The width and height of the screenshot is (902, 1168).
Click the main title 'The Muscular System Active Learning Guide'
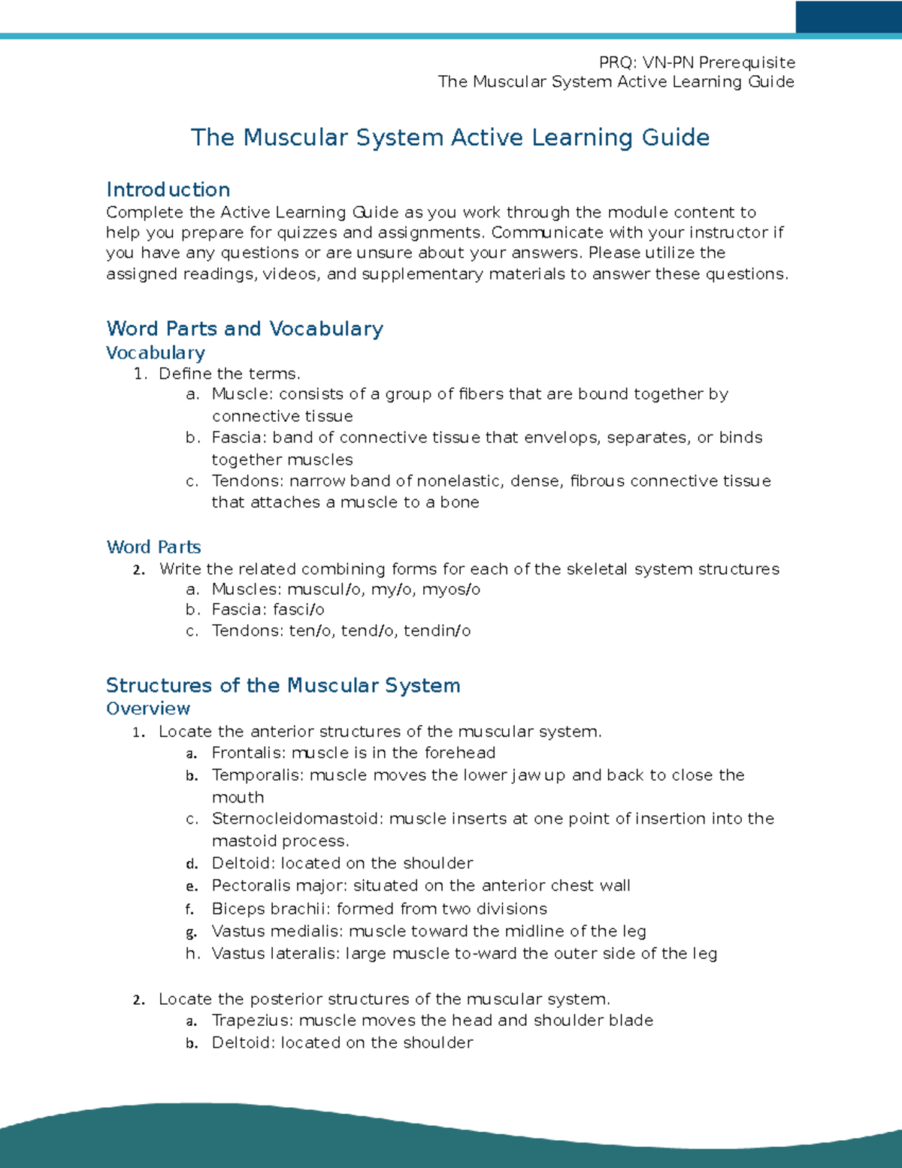point(449,138)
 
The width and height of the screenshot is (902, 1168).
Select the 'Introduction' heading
point(168,190)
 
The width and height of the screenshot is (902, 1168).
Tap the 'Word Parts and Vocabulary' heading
point(244,329)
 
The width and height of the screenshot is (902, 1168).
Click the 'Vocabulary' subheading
point(156,353)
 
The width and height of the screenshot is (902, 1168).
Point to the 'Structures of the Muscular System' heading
point(283,685)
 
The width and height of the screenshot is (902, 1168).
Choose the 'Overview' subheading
point(148,708)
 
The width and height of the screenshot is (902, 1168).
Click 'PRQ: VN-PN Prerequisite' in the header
point(696,62)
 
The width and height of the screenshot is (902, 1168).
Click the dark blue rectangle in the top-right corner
point(848,17)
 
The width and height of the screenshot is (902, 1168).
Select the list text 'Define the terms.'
point(229,374)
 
